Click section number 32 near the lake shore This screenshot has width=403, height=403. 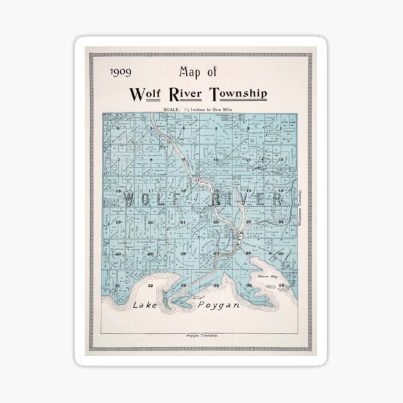(150, 285)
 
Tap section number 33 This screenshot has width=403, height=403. (183, 285)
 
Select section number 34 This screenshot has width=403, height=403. (216, 285)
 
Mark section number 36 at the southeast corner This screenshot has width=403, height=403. (281, 285)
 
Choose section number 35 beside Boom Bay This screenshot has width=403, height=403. (249, 285)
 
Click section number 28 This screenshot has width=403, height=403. (183, 254)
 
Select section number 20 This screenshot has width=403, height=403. (150, 222)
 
